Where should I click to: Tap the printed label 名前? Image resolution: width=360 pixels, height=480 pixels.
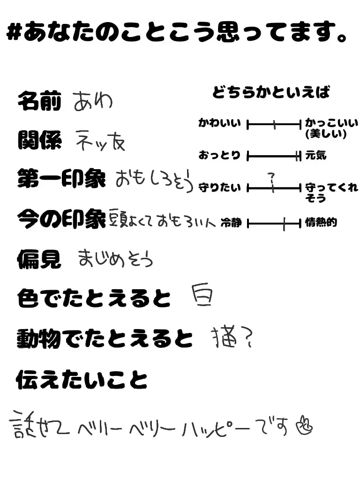pos(39,101)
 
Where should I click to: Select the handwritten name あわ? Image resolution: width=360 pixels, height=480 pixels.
pos(93,101)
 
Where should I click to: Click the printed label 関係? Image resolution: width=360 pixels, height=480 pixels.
pos(39,140)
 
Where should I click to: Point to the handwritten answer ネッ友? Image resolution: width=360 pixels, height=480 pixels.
pos(100,140)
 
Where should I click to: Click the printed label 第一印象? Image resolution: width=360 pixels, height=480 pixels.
pos(61,179)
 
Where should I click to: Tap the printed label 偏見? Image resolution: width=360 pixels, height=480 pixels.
pos(39,259)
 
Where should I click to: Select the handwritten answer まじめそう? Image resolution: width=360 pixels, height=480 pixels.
pos(115,259)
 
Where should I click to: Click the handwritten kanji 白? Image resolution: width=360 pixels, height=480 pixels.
pos(202,296)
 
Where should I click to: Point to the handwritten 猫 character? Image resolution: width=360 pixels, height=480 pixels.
pos(222,337)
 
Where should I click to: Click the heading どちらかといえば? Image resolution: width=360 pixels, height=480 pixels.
pos(271,92)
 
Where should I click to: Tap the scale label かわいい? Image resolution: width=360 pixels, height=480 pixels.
pos(219,124)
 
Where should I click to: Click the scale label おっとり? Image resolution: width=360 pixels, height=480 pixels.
pos(219,155)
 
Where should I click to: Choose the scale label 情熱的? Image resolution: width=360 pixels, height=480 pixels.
pos(321,222)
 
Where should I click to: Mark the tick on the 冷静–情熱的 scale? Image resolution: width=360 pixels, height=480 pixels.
pos(284,224)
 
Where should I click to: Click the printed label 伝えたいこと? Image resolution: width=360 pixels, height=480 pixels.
pos(82,380)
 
